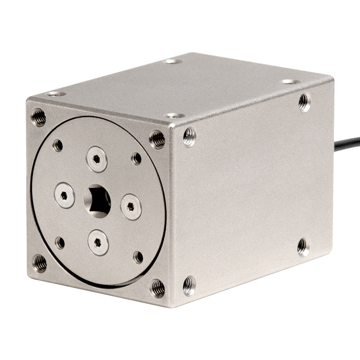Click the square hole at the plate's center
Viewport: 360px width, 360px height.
[99, 201]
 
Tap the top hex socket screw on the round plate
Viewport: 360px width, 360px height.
[97, 159]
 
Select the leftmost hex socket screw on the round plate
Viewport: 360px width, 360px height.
[64, 196]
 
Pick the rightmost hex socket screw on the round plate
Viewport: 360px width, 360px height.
[131, 207]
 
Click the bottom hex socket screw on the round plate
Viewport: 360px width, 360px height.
[98, 243]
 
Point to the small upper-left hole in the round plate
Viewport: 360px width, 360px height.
[58, 145]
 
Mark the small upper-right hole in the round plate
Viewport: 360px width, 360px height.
[136, 158]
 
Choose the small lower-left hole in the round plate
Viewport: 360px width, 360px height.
[60, 243]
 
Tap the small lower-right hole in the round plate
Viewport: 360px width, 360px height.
[139, 257]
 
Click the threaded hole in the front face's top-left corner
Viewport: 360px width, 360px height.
[38, 117]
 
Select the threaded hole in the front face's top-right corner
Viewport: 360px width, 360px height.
[157, 139]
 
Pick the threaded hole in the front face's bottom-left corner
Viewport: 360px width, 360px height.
[40, 263]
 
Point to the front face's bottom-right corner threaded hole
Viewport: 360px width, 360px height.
[157, 288]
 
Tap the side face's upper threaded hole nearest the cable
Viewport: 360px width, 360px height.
[305, 102]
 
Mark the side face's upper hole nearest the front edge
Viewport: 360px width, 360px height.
[189, 137]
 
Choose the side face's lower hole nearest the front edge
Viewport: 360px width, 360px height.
[189, 285]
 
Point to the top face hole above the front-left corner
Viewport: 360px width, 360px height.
[56, 94]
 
